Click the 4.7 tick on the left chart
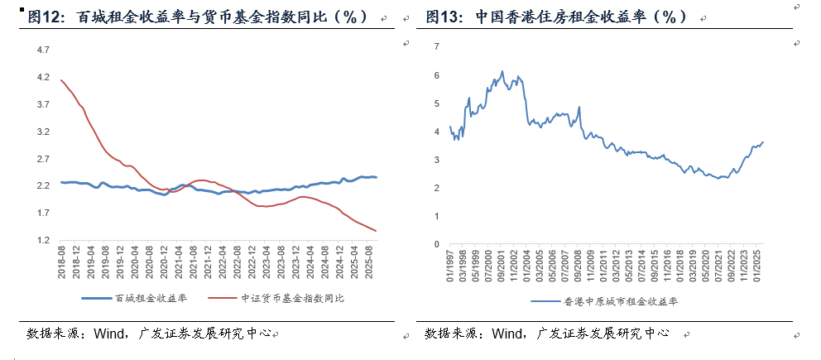(44, 50)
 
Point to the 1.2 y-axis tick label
(44, 241)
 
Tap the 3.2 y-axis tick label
(44, 132)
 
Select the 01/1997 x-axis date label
(450, 265)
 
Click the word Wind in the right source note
(506, 334)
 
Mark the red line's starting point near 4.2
(61, 79)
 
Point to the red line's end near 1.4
(377, 231)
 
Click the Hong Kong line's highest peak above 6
(502, 71)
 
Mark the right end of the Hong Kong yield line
(763, 142)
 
